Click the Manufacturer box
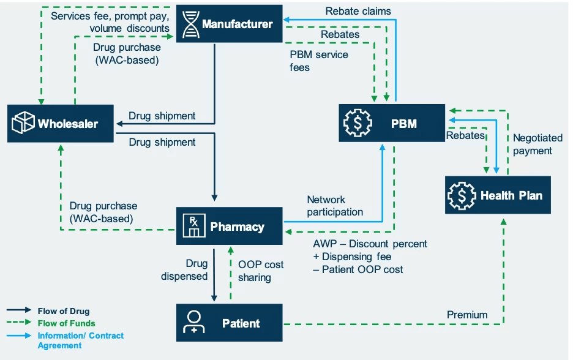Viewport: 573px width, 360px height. coord(229,24)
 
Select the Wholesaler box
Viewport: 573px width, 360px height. coord(61,124)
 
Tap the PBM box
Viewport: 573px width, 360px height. coord(392,124)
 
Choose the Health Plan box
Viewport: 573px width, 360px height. coord(498,195)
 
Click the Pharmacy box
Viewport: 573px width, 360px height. coord(230,227)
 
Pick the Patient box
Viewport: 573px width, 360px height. coord(230,323)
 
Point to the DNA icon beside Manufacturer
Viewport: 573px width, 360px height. coord(191,24)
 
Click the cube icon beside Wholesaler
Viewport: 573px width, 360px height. coord(23,124)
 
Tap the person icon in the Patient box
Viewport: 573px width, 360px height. coord(194,323)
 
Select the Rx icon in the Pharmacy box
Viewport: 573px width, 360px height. coord(193,227)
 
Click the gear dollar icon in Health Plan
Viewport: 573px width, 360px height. coord(461,195)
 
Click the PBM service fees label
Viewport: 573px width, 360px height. coord(319,61)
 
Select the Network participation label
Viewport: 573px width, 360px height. coord(335,206)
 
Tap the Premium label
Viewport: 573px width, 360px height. coord(467,315)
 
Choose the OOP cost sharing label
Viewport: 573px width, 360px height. coord(260,271)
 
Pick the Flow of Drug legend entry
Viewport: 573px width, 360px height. coord(63,311)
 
